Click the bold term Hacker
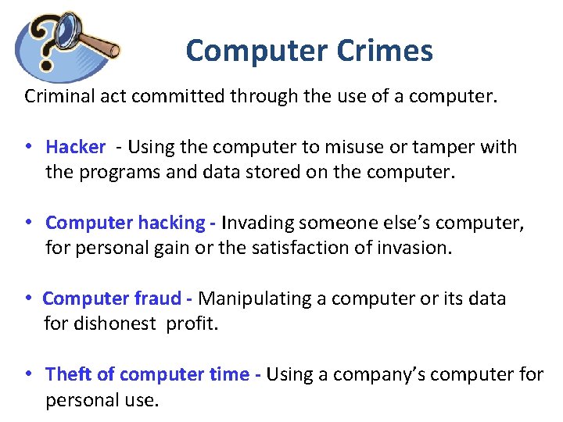pos(75,147)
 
